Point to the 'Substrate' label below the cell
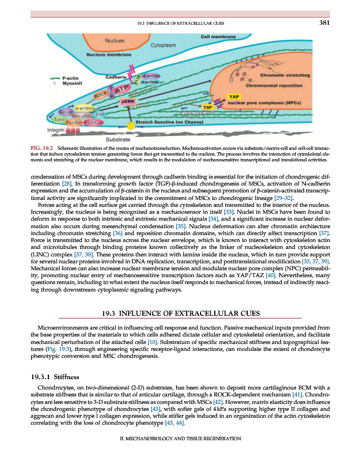[x=117, y=139]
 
